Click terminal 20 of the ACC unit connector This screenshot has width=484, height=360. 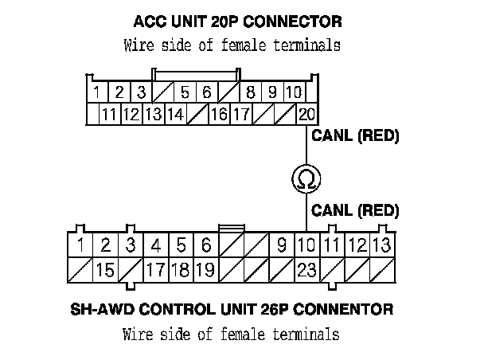pyautogui.click(x=306, y=114)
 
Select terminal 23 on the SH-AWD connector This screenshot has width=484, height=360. pyautogui.click(x=306, y=270)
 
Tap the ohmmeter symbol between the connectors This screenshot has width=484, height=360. pyautogui.click(x=306, y=178)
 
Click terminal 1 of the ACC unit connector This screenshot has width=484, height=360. pyautogui.click(x=96, y=92)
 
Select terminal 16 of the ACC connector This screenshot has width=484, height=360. pyautogui.click(x=219, y=114)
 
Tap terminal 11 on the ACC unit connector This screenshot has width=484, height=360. pyautogui.click(x=109, y=114)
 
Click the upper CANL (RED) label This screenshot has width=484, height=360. pyautogui.click(x=355, y=136)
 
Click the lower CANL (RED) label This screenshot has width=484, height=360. pyautogui.click(x=355, y=211)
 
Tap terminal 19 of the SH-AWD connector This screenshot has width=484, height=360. pyautogui.click(x=205, y=270)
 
